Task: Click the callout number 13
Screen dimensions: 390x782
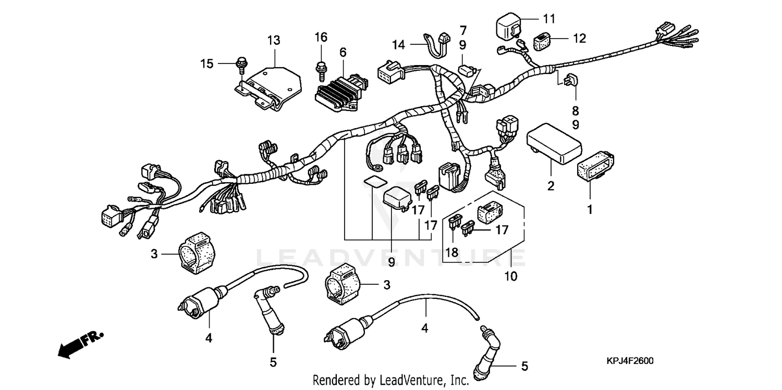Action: pyautogui.click(x=274, y=40)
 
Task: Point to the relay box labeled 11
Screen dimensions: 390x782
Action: pyautogui.click(x=508, y=26)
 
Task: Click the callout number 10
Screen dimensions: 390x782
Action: pyautogui.click(x=511, y=276)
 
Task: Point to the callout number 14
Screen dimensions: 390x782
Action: pyautogui.click(x=398, y=45)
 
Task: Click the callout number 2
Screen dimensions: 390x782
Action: pyautogui.click(x=551, y=186)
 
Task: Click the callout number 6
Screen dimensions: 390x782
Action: pyautogui.click(x=343, y=52)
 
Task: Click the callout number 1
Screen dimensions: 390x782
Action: pyautogui.click(x=590, y=211)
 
